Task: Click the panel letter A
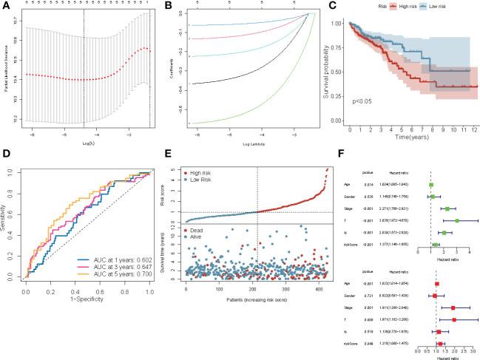pos(5,6)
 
